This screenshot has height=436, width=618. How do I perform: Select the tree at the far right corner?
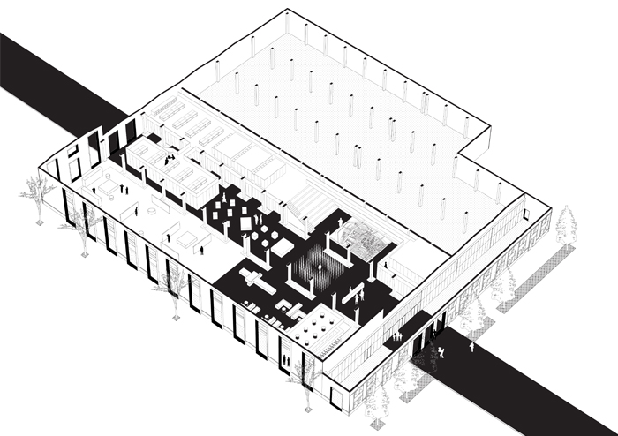coord(565,225)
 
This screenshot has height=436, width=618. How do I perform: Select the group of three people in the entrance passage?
coord(397,336)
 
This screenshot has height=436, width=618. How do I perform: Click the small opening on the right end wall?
coord(524,213)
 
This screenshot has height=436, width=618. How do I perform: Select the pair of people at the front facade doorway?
coord(286,361)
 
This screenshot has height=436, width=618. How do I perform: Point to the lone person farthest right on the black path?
coord(471,347)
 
